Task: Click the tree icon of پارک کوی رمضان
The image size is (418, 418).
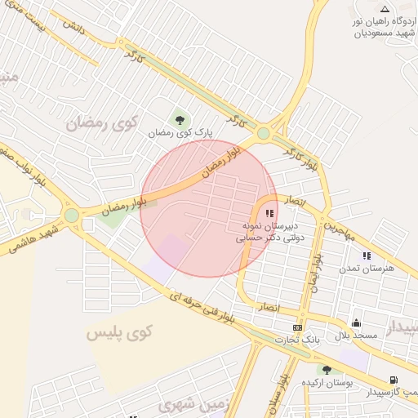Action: click(180, 118)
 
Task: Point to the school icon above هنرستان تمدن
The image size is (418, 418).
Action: click(366, 256)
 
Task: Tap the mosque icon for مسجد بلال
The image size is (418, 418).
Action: click(356, 323)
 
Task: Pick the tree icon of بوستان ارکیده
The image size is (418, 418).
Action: click(327, 370)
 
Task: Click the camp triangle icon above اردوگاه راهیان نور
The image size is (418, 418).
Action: click(385, 9)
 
